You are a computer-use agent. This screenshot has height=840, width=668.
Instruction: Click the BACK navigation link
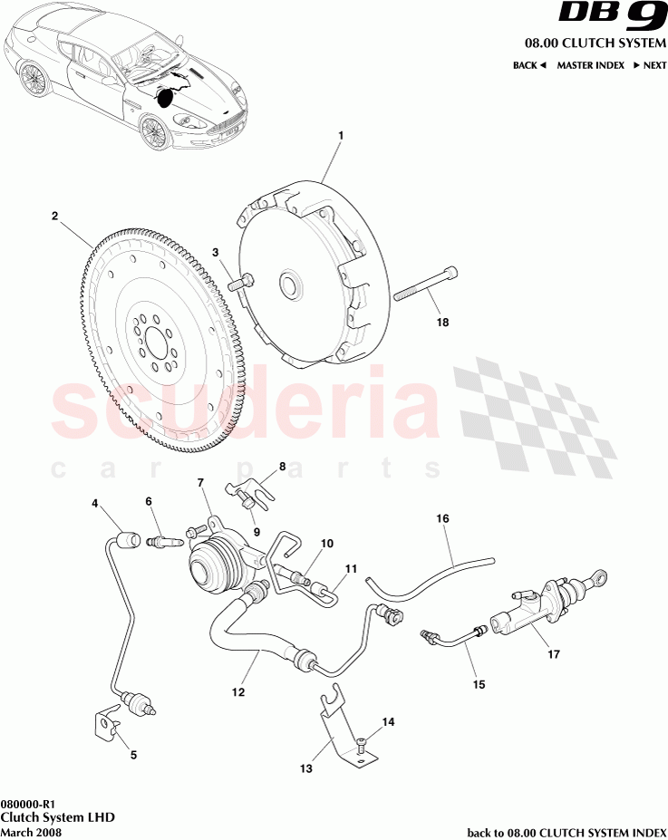click(x=529, y=65)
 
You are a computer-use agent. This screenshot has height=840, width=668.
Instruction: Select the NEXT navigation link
click(x=650, y=65)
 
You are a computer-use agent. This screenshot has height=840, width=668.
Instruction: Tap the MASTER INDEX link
click(x=589, y=65)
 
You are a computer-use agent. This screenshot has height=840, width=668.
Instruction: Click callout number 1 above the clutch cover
click(x=341, y=136)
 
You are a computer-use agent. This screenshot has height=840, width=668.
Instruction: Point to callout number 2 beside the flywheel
click(x=54, y=217)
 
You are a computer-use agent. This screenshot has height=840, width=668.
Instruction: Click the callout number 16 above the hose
click(x=443, y=519)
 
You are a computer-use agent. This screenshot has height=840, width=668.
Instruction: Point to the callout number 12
click(x=238, y=692)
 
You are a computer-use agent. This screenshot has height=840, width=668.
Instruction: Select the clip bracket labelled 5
click(x=108, y=722)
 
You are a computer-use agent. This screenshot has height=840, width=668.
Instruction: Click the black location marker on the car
click(x=166, y=97)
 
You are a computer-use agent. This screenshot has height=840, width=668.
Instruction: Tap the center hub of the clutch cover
click(x=291, y=285)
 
